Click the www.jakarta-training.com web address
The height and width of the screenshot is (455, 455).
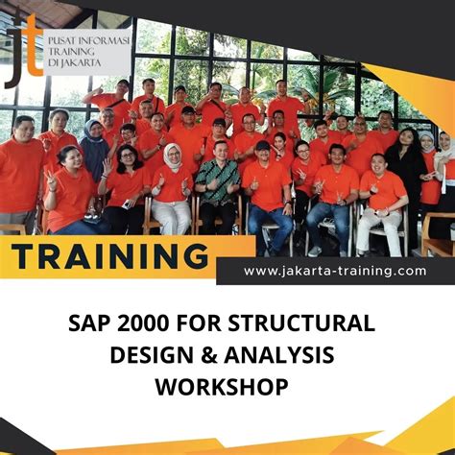point(334,271)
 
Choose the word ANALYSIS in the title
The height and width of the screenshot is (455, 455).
point(292,355)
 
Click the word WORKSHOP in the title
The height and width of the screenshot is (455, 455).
point(227,388)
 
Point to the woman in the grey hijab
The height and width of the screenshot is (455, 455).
point(93,149)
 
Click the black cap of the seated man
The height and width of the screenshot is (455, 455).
point(262,145)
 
